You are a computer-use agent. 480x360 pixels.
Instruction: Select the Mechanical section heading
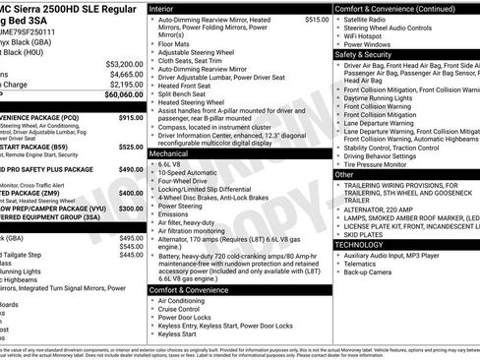[173, 154]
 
